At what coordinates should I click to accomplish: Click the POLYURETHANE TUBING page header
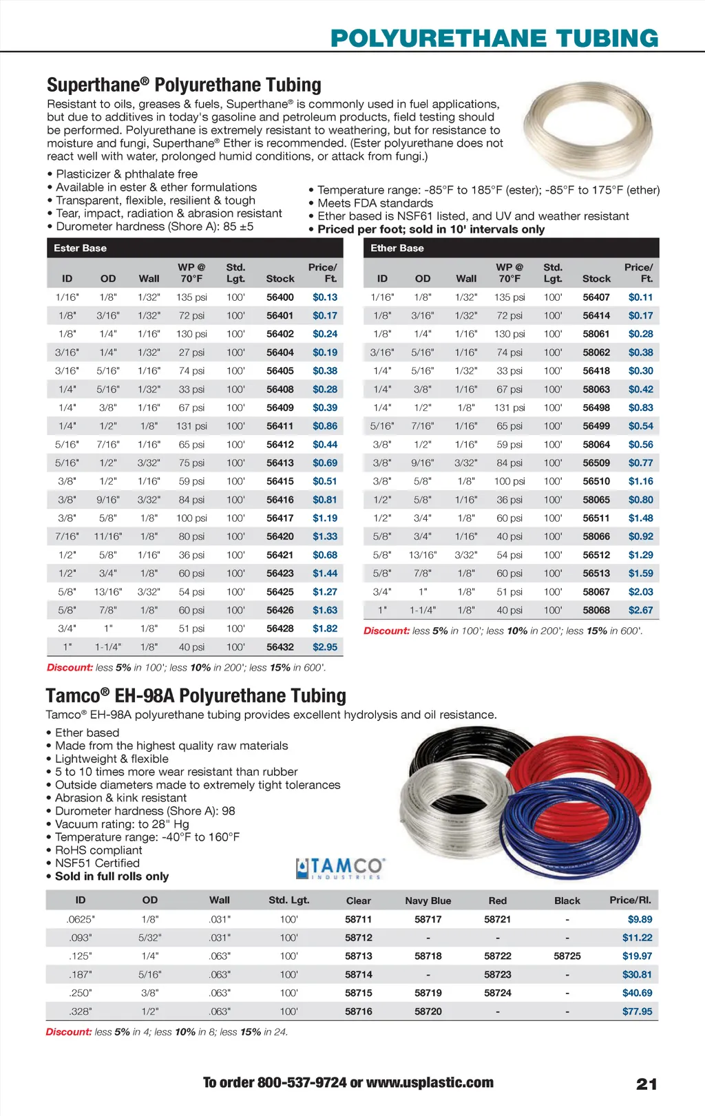494,38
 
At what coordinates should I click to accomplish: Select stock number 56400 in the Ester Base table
280,297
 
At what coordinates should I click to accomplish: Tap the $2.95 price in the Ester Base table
325,647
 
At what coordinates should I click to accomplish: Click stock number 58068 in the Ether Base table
596,610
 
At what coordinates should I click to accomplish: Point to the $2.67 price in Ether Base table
640,610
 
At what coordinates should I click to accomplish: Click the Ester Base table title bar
195,248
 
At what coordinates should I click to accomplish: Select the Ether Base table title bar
511,248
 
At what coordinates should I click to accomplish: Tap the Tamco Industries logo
340,867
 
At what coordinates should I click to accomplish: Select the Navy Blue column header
428,901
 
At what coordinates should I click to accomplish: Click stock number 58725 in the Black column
567,956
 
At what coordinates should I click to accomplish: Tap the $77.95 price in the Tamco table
638,1011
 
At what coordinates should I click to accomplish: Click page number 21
646,1084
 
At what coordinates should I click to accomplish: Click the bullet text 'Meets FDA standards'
375,203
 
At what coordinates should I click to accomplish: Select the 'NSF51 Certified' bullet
97,863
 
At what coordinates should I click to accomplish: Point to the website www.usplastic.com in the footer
430,1082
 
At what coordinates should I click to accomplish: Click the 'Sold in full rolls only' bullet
112,876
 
